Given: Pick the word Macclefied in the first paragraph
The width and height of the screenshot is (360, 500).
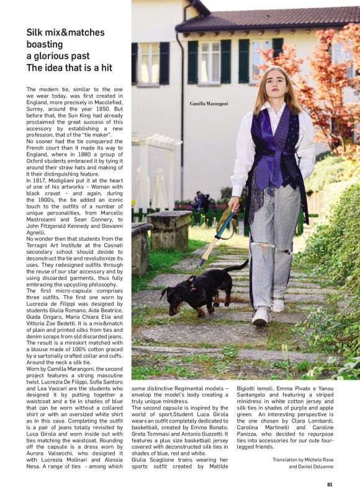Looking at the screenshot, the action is click(102, 102).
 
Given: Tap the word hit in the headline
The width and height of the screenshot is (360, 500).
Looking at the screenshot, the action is click(102, 68).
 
